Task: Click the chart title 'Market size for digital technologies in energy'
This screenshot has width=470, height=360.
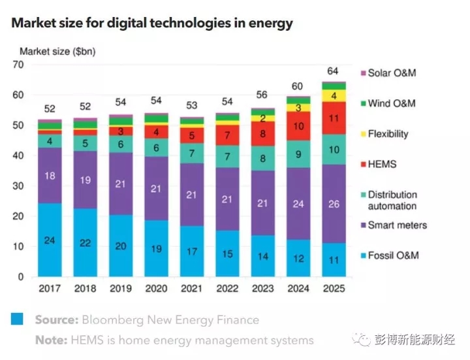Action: coord(152,23)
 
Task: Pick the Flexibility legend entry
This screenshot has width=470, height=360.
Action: coord(388,134)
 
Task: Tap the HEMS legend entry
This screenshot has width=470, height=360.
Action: coord(381,164)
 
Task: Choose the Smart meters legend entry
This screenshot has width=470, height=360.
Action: coord(397,225)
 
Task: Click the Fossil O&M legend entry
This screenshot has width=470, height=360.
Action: coord(393,255)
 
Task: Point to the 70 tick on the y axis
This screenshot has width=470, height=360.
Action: coord(18,65)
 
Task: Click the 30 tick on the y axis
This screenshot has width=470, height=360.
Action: coord(18,186)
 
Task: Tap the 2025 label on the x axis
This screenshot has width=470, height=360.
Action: coord(333,288)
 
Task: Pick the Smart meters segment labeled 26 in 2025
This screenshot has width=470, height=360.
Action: coord(334,205)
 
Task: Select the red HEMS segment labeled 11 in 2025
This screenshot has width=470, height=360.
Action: coord(334,118)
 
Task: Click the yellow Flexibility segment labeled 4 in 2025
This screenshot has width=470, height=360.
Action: coord(334,96)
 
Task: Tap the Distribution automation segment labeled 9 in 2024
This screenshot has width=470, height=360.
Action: coord(298,154)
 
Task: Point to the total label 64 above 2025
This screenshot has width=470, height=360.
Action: coord(333,71)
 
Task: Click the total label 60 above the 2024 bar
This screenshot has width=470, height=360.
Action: coord(298,86)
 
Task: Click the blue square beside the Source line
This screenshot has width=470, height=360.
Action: coord(16,319)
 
